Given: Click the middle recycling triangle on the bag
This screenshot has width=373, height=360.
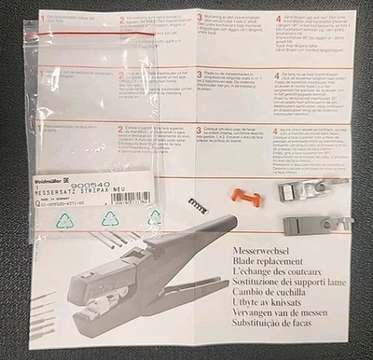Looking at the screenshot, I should click(110, 219).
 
